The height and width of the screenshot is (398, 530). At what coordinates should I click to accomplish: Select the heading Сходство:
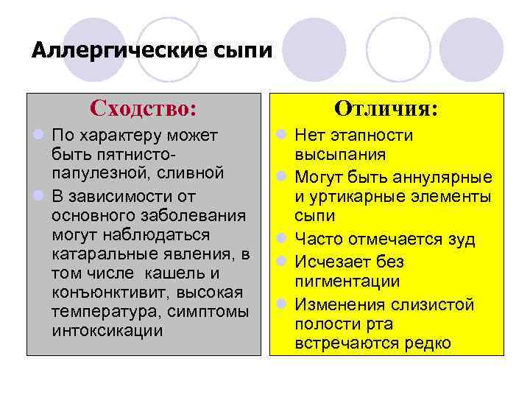point(144,109)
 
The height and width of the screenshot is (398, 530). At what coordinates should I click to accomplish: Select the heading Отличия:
point(386,109)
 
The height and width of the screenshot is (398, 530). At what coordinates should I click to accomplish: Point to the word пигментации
point(347,282)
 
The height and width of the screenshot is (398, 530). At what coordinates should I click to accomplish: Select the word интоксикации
point(107,330)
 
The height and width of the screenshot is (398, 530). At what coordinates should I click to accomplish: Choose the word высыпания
point(340,156)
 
